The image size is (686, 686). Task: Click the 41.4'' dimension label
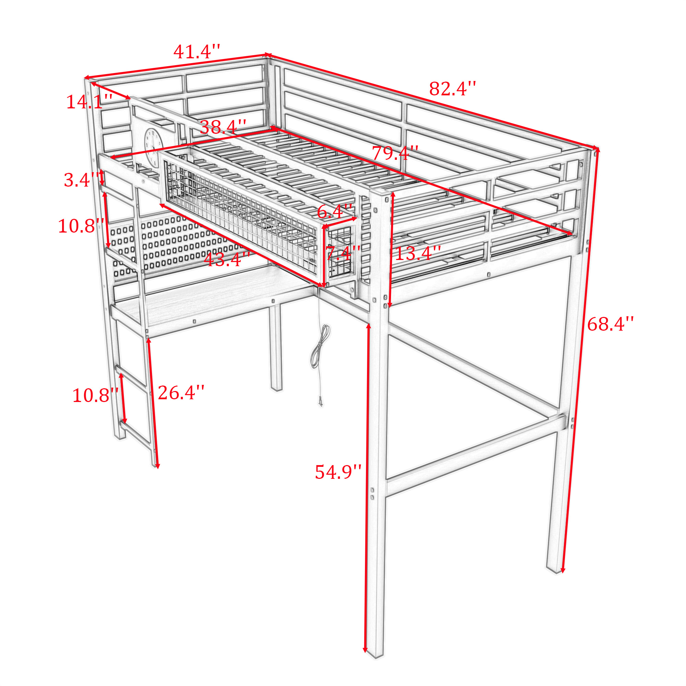click(197, 52)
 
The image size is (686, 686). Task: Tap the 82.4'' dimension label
click(452, 89)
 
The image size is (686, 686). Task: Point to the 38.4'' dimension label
click(223, 127)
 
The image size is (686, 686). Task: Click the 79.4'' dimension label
click(395, 153)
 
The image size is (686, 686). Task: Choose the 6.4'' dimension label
click(335, 212)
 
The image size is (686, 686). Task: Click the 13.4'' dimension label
click(418, 253)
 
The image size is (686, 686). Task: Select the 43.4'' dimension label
click(227, 260)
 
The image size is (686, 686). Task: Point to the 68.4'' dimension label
click(611, 324)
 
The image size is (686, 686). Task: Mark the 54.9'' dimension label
click(339, 472)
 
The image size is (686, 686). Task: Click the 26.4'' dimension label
click(181, 393)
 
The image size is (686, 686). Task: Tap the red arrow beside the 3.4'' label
click(102, 177)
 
